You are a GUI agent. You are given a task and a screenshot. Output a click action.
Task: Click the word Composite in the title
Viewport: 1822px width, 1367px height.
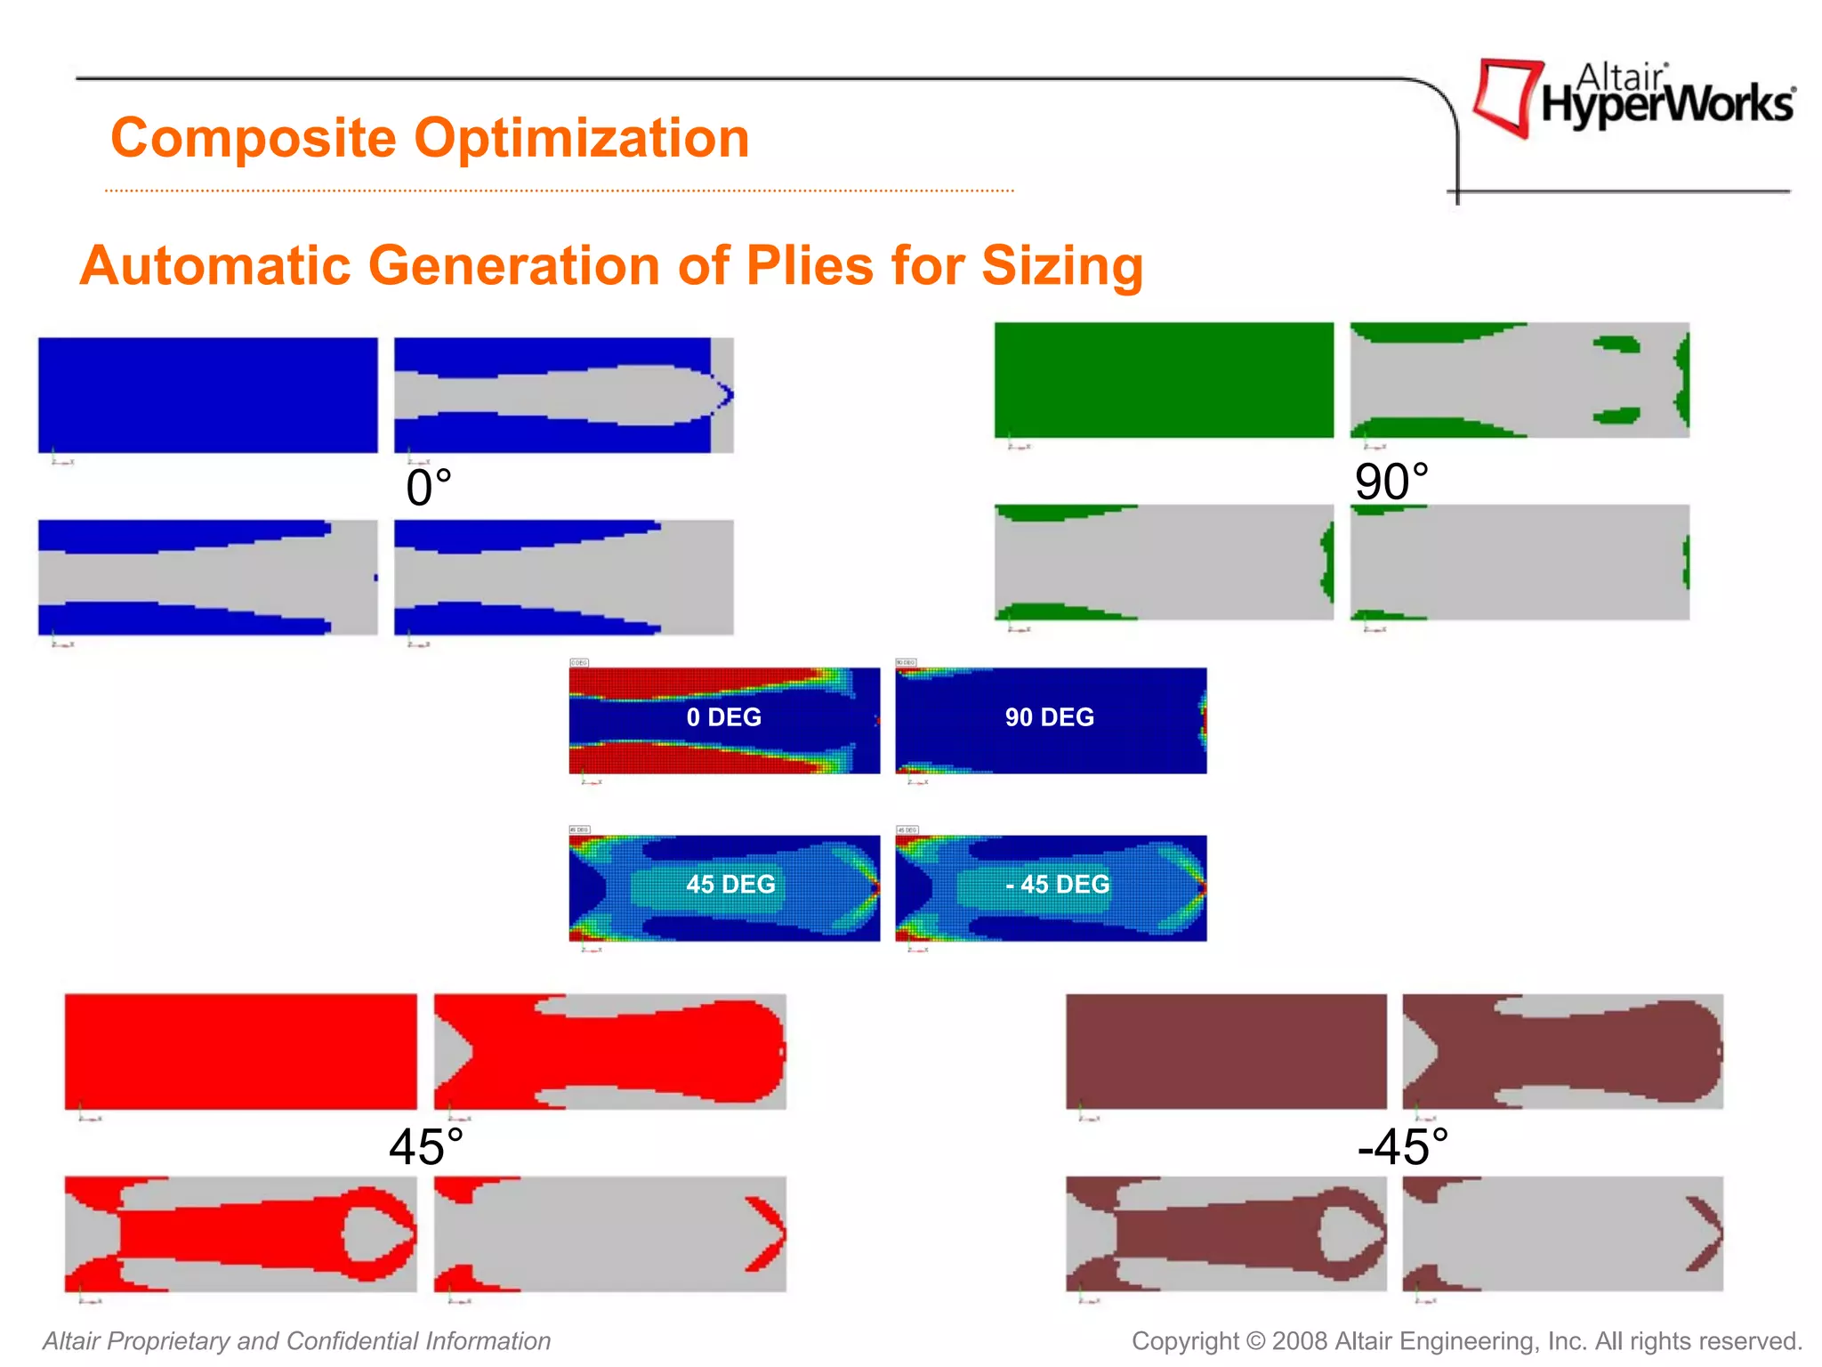click(x=253, y=139)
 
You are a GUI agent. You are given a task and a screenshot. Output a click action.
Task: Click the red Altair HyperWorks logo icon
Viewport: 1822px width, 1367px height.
click(x=1507, y=97)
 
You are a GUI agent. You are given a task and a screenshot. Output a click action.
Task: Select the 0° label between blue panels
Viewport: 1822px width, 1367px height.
click(x=429, y=489)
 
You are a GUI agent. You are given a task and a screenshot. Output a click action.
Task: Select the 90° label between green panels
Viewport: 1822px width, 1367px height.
click(x=1391, y=482)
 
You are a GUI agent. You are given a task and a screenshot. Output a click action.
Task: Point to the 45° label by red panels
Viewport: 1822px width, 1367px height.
click(x=426, y=1147)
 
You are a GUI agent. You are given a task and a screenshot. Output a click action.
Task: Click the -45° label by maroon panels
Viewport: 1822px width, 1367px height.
click(x=1403, y=1147)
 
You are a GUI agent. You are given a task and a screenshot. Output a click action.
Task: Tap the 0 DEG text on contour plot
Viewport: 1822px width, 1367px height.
click(x=723, y=717)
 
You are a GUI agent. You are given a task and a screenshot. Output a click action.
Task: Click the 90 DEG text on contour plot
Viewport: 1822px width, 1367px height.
click(x=1049, y=717)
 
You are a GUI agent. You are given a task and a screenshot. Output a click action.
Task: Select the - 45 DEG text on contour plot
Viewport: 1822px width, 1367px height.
click(x=1057, y=885)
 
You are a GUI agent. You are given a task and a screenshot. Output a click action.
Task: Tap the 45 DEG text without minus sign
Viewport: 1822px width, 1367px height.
click(x=730, y=885)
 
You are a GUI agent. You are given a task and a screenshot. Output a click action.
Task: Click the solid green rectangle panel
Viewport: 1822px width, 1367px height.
click(x=1164, y=380)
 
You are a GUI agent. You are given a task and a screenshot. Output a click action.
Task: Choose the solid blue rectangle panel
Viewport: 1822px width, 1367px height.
click(x=207, y=395)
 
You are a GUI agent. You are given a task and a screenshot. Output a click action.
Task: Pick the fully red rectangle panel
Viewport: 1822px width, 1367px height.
click(x=240, y=1052)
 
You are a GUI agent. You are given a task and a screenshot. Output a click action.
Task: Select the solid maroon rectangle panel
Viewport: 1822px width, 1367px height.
click(x=1226, y=1052)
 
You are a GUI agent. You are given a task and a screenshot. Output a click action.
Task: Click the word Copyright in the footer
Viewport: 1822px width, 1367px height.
click(x=1184, y=1341)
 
